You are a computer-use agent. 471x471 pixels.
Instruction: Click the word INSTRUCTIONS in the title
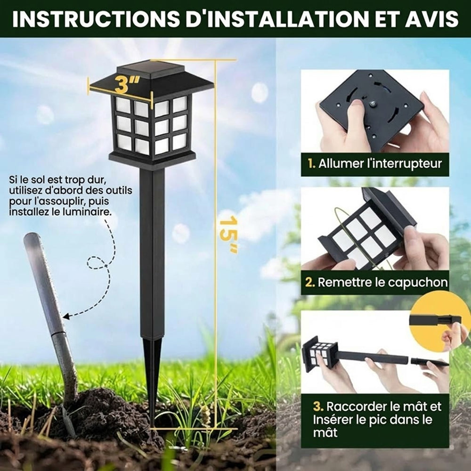pyautogui.click(x=96, y=19)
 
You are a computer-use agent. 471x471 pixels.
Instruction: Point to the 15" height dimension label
pyautogui.click(x=228, y=235)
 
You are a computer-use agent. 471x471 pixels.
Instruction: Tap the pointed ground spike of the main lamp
pyautogui.click(x=152, y=382)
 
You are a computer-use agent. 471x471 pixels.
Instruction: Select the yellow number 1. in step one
pyautogui.click(x=311, y=164)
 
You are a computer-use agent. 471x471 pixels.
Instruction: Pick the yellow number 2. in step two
pyautogui.click(x=310, y=283)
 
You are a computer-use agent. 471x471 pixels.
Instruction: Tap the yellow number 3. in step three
pyautogui.click(x=318, y=407)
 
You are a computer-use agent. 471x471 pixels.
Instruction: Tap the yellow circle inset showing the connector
pyautogui.click(x=441, y=325)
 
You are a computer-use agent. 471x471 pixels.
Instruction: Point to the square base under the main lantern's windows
pyautogui.click(x=152, y=158)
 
